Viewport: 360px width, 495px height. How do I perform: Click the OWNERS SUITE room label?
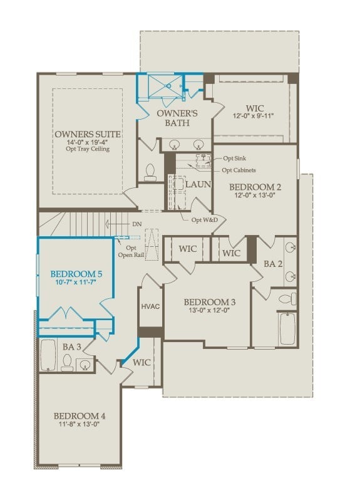coord(87,134)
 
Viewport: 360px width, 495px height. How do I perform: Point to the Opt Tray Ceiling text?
coord(87,149)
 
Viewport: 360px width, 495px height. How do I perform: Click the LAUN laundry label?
coord(198,184)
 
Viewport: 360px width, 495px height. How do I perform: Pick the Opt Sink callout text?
coord(234,159)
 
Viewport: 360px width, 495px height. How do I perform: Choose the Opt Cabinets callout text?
coord(239,170)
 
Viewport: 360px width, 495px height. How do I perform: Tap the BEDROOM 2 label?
coord(255,187)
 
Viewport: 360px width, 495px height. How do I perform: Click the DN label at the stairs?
coord(136,224)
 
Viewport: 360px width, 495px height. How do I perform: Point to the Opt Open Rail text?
coord(131,251)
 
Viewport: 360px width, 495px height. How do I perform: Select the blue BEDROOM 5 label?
coord(76,274)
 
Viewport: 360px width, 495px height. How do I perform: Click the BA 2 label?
coord(273,264)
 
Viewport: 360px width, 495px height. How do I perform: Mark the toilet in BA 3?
coord(67,362)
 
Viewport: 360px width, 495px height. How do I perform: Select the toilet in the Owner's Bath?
coord(150,172)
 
